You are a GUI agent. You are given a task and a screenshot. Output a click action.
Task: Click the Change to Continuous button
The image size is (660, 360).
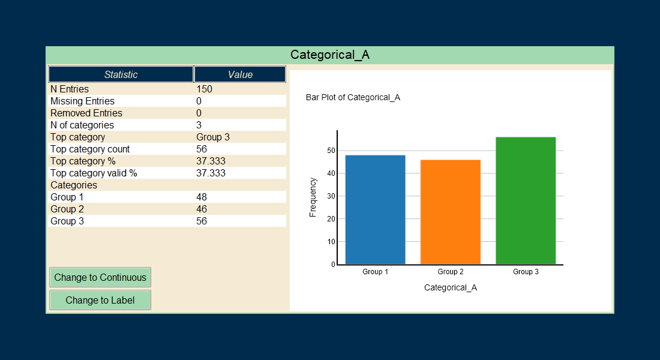[100, 277]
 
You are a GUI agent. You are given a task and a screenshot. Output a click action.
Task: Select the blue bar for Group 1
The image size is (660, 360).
[376, 209]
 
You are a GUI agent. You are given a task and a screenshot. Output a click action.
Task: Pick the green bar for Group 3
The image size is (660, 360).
[526, 200]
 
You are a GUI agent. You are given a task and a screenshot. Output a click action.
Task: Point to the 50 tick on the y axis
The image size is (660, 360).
[331, 151]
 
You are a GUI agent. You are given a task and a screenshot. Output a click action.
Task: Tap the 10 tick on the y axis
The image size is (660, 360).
[331, 242]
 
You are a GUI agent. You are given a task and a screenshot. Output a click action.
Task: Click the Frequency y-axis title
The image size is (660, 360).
[313, 197]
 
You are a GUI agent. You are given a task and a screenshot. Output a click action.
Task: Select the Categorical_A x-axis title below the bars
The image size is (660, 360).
[451, 287]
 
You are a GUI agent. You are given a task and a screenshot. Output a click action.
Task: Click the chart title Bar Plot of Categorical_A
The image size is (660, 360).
[353, 97]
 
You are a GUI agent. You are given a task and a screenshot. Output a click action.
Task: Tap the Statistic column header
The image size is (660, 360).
[121, 74]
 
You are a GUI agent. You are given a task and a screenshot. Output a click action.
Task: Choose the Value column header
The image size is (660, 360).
[240, 74]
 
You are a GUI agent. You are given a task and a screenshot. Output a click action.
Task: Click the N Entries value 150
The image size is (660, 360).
[205, 89]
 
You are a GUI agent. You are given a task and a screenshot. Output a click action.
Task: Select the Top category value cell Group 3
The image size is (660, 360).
[213, 137]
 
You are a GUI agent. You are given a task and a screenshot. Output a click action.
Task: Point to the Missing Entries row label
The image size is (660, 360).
[82, 101]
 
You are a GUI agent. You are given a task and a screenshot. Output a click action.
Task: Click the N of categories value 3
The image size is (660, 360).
[199, 125]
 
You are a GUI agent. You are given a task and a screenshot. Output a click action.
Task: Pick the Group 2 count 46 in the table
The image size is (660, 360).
[202, 209]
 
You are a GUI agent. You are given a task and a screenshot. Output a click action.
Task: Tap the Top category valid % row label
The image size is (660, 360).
[94, 173]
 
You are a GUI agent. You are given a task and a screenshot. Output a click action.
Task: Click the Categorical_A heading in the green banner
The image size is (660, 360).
[330, 55]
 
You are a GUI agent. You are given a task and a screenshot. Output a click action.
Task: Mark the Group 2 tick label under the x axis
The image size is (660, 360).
[451, 272]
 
